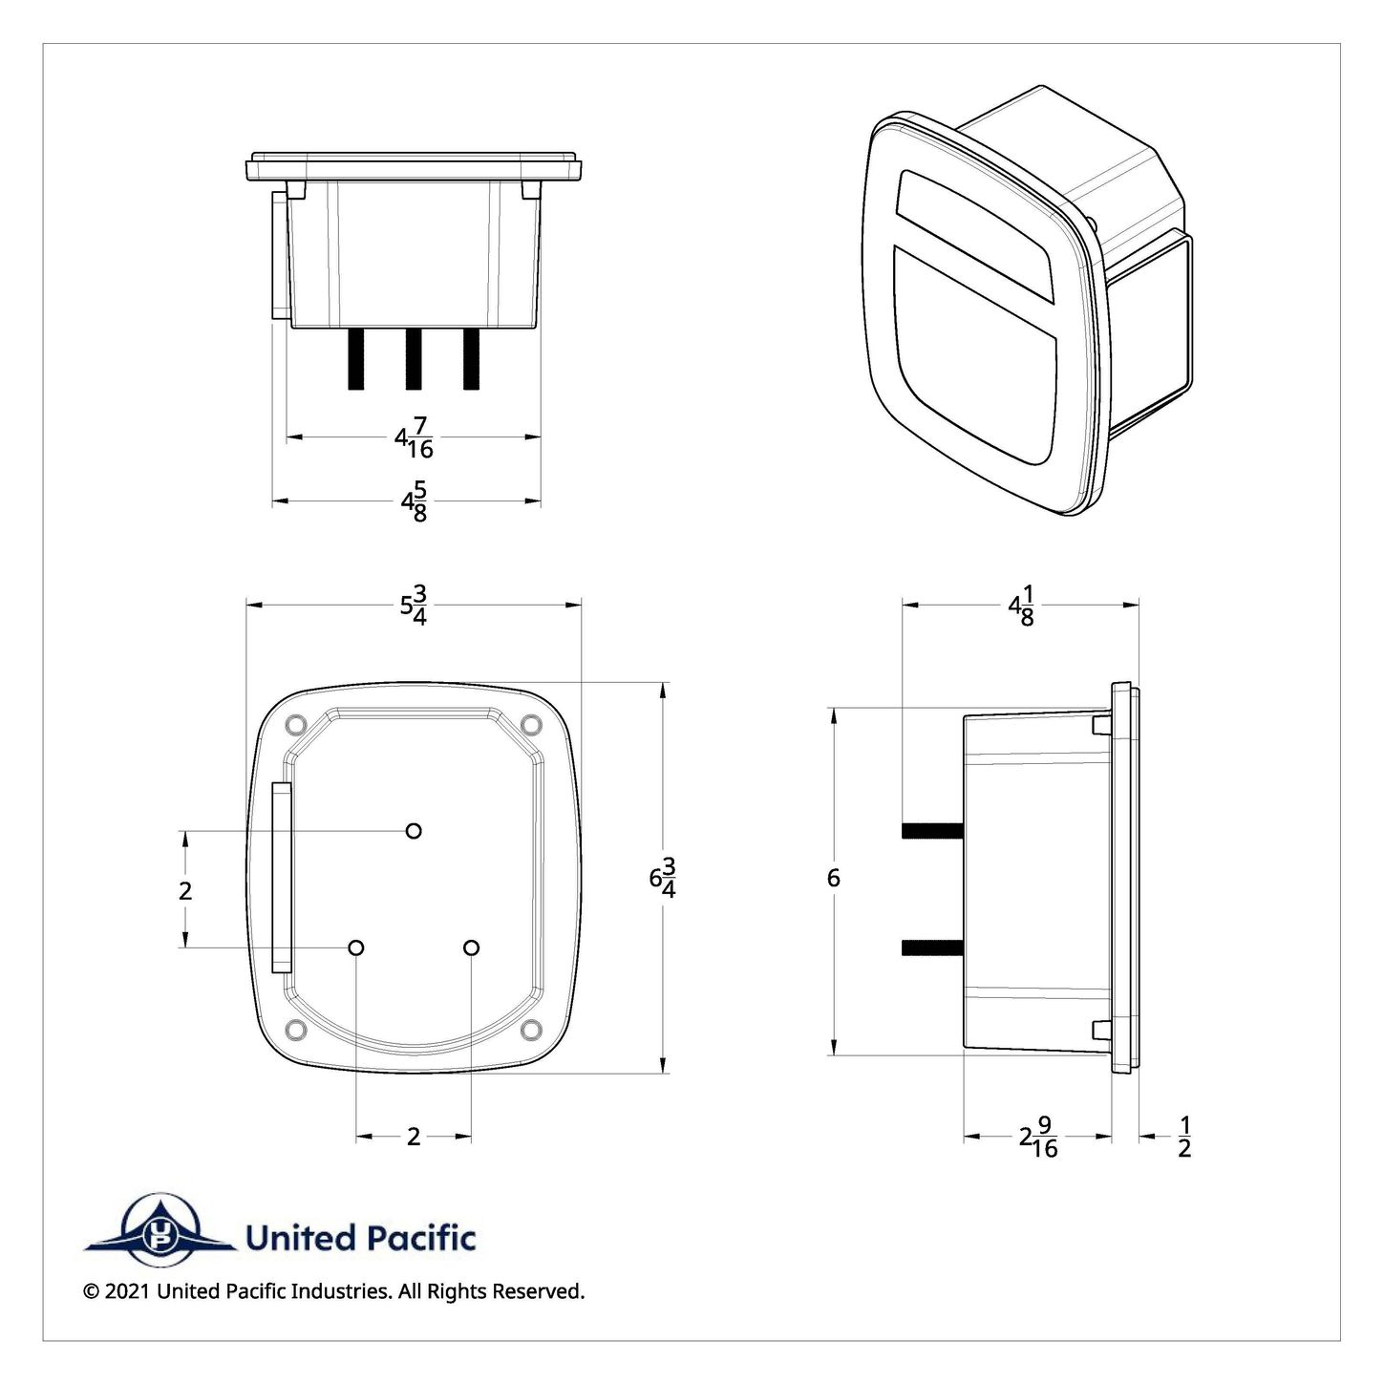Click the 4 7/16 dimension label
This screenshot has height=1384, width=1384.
(414, 440)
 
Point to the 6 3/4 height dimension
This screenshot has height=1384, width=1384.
(664, 878)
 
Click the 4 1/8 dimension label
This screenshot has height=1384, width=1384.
(1021, 608)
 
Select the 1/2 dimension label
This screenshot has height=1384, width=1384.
(1184, 1137)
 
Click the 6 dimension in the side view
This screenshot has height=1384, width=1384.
(834, 878)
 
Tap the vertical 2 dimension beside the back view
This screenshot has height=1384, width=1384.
(185, 890)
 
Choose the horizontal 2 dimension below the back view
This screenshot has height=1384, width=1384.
(414, 1137)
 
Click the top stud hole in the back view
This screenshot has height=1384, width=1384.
(414, 831)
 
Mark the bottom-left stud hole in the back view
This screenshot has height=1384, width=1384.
(356, 948)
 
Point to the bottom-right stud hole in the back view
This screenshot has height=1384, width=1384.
(471, 948)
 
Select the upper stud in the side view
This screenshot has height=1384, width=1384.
(932, 831)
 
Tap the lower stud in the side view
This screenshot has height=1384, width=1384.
(932, 948)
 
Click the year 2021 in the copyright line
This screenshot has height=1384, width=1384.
(127, 1291)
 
